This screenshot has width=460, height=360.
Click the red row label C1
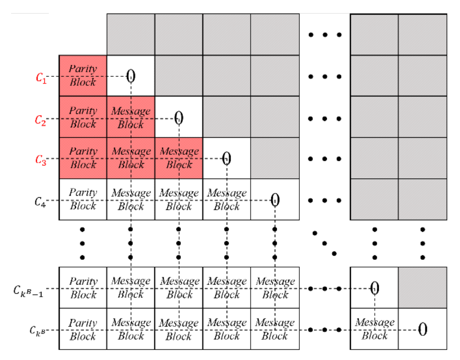click(x=41, y=77)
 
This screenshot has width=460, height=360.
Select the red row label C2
click(x=41, y=119)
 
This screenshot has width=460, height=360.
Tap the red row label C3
click(x=41, y=160)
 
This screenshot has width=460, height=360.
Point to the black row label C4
click(x=40, y=202)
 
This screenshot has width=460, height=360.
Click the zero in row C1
click(x=130, y=76)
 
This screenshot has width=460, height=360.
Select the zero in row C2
click(x=179, y=117)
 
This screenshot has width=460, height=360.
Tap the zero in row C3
click(x=226, y=159)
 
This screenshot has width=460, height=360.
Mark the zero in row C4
click(x=275, y=200)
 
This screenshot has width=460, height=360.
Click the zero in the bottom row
click(x=423, y=329)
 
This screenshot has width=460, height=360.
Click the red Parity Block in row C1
click(x=83, y=75)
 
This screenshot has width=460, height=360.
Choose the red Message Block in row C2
click(x=131, y=117)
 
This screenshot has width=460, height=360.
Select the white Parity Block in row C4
click(x=83, y=199)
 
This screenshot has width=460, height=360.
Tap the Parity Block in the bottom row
click(x=83, y=329)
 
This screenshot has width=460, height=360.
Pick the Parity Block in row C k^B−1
click(x=83, y=288)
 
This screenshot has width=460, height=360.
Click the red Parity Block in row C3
click(x=83, y=158)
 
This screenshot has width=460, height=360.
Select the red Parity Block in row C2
click(x=83, y=117)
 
